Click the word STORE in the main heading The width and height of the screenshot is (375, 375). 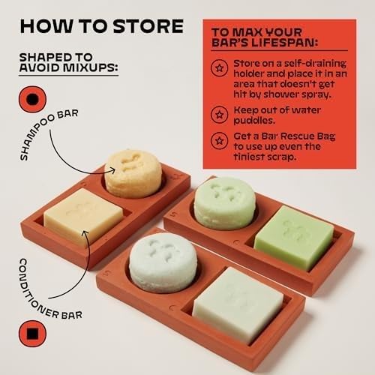(x=148, y=26)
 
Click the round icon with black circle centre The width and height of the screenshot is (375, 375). (x=32, y=99)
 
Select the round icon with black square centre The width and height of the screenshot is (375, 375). (x=32, y=334)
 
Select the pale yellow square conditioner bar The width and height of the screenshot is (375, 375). (x=83, y=216)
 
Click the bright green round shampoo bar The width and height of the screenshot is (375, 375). (x=225, y=202)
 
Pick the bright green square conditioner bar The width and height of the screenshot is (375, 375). (x=294, y=237)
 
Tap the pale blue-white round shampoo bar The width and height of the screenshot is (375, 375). (x=163, y=262)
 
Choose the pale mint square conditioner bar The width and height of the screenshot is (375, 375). (x=238, y=305)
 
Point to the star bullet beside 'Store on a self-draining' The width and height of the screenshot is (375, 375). (x=219, y=67)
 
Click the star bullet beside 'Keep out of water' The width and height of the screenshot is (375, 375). (x=219, y=115)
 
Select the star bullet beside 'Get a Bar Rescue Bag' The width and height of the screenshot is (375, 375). (x=219, y=141)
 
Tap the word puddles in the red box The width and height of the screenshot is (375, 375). (x=254, y=121)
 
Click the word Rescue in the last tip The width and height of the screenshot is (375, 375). (x=298, y=136)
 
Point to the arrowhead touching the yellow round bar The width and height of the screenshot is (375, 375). (x=112, y=170)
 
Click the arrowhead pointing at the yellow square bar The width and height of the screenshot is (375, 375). (x=85, y=234)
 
